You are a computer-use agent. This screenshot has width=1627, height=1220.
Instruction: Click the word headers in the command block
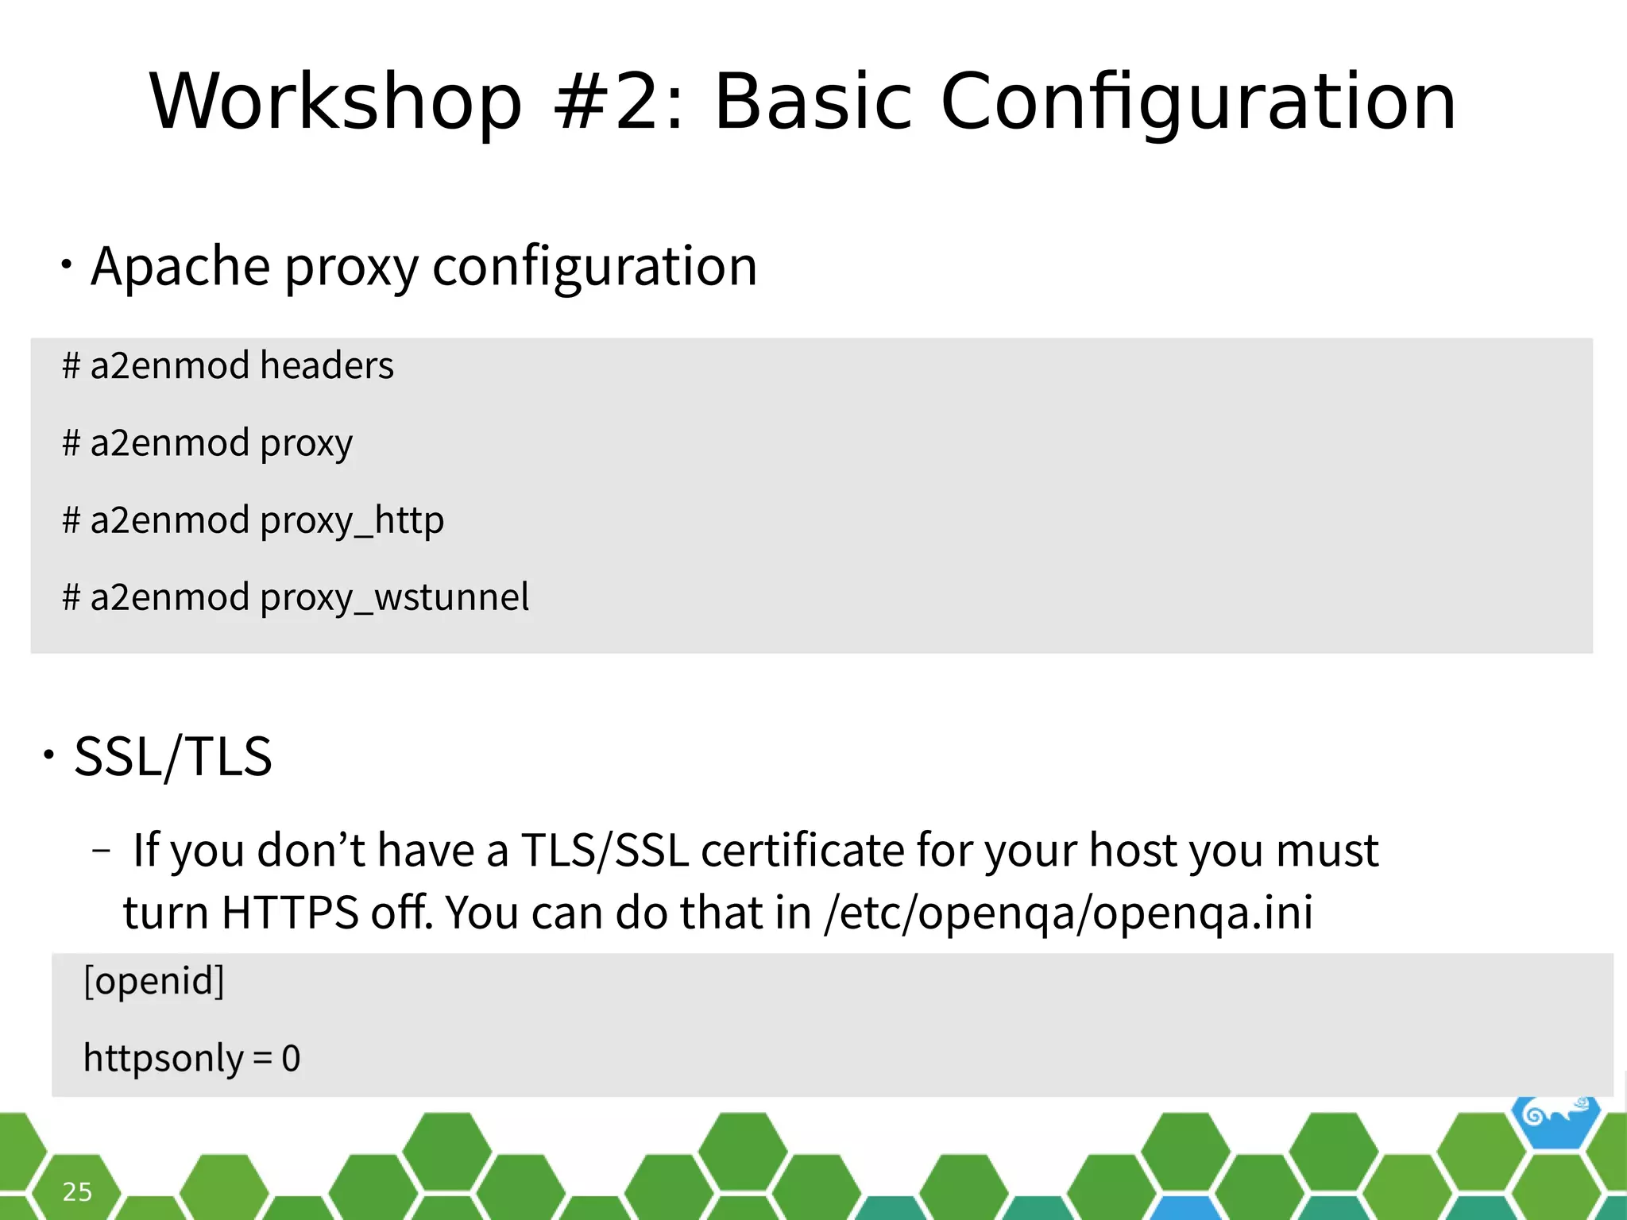click(327, 365)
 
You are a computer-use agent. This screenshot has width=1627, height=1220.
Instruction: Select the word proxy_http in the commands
click(352, 521)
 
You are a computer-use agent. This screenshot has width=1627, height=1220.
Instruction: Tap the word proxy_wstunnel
click(394, 597)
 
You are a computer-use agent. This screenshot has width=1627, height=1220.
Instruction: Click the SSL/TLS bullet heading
click(173, 756)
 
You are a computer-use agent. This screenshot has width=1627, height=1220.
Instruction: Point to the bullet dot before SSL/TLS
click(49, 754)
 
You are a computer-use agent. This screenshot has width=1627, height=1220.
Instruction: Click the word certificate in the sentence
click(802, 850)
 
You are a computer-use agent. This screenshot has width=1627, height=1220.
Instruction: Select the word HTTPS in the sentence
click(290, 913)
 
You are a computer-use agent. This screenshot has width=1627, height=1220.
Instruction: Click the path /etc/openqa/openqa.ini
click(1069, 913)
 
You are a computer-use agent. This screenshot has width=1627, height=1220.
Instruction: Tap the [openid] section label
click(154, 981)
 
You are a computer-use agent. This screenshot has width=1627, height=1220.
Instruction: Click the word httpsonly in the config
click(163, 1058)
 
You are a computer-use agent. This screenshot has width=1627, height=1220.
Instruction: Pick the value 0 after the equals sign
click(291, 1059)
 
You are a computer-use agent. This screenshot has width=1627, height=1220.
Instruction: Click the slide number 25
click(77, 1191)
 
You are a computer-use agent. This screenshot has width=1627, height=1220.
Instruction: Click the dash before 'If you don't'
click(101, 851)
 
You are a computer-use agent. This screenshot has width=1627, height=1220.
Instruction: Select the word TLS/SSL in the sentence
click(605, 850)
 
